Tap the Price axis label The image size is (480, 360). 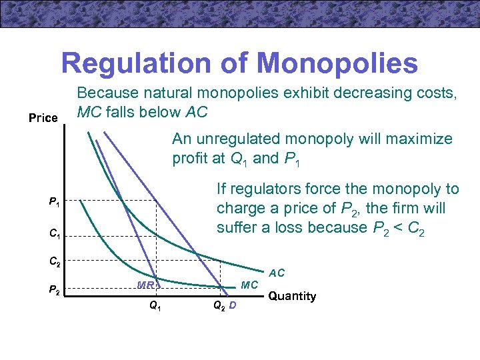pyautogui.click(x=43, y=118)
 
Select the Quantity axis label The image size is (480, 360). pyautogui.click(x=292, y=296)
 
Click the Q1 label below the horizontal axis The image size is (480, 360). pyautogui.click(x=154, y=307)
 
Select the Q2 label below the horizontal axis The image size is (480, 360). pyautogui.click(x=218, y=307)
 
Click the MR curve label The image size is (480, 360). pyautogui.click(x=145, y=285)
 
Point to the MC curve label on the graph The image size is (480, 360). pyautogui.click(x=249, y=285)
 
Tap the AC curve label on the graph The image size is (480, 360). pyautogui.click(x=277, y=273)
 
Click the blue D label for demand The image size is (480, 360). pyautogui.click(x=232, y=307)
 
